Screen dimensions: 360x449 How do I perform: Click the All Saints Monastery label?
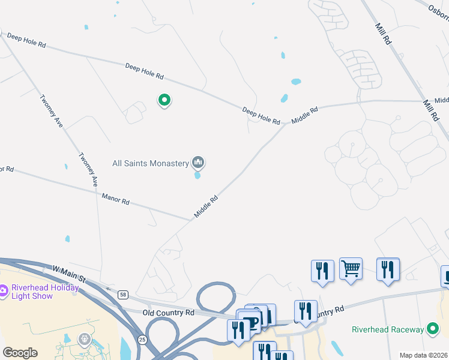pos(151,163)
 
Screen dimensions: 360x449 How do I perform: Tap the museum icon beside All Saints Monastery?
pos(198,162)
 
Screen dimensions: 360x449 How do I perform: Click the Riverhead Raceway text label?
pos(387,329)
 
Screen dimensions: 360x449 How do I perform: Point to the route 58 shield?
pos(123,295)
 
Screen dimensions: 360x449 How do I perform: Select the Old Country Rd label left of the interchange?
pos(169,313)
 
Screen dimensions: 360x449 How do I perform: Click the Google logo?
pos(20,353)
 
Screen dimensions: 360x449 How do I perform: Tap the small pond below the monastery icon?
pos(197,176)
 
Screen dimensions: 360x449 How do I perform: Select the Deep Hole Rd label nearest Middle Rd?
pos(261,115)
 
